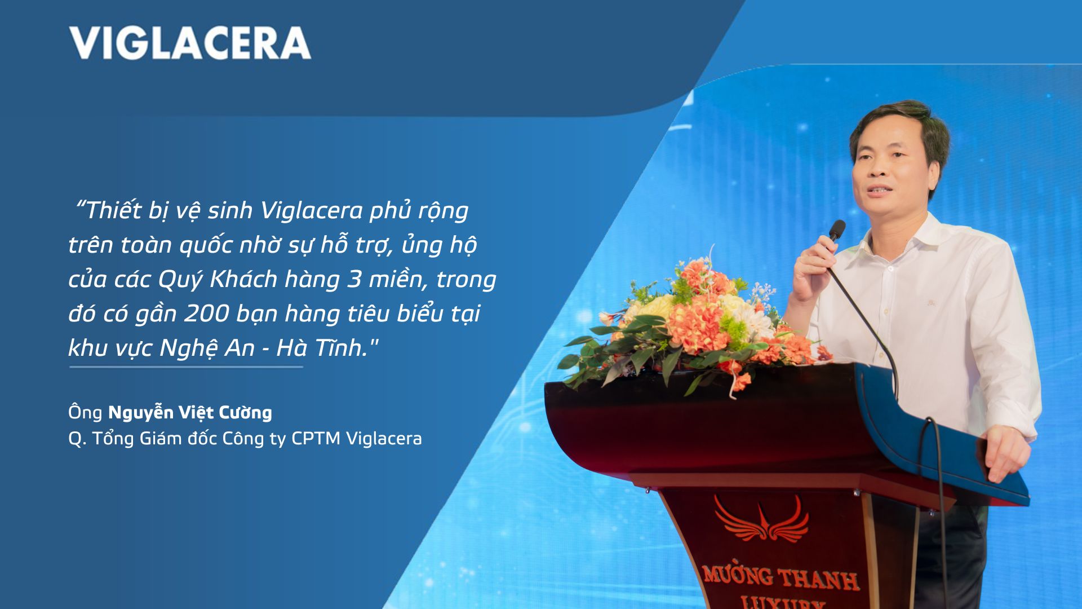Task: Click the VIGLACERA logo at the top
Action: coord(190,42)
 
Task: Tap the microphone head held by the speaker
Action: coord(837,230)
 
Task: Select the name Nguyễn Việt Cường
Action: coord(190,412)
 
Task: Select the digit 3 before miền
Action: coord(353,279)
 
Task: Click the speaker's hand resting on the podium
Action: coord(1012,448)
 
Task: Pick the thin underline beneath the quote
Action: coord(186,367)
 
